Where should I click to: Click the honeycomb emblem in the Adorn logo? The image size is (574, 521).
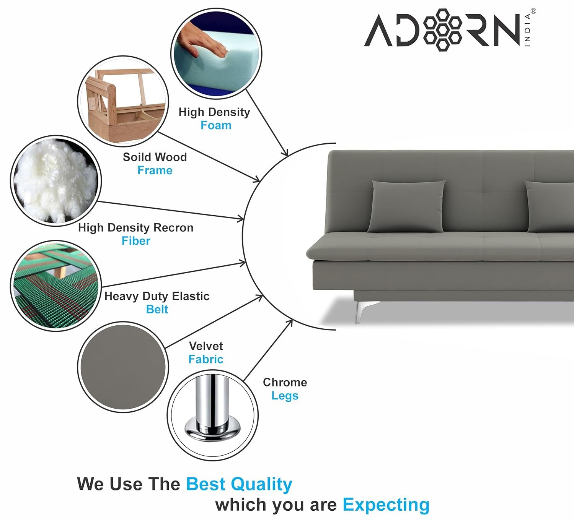pos(442,30)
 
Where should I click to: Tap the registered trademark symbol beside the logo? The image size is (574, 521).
pos(533,11)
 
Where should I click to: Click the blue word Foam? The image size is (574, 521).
pos(216,125)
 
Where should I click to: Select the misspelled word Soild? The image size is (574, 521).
pos(137,157)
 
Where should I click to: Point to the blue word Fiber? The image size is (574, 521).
pos(136,241)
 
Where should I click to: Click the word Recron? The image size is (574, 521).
pos(173,227)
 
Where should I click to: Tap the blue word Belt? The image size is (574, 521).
pos(157,309)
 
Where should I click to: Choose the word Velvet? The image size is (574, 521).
pos(206,346)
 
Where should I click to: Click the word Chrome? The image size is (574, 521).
pos(285,382)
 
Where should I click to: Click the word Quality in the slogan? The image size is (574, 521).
pos(261,484)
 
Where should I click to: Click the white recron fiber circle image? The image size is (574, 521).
pos(56,181)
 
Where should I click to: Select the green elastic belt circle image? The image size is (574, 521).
pos(56,286)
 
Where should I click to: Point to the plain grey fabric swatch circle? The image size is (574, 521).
pos(123,367)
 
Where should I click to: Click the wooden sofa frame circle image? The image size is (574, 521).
pos(123,101)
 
